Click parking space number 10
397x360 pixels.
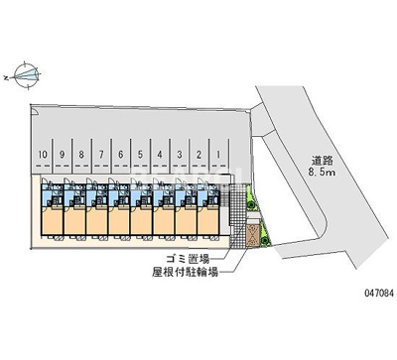(x=43, y=155)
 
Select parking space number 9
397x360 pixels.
(x=62, y=155)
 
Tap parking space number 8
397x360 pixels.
(x=80, y=155)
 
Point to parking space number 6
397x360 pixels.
(x=120, y=155)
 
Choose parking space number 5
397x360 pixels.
(x=140, y=155)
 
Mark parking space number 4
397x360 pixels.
(x=159, y=155)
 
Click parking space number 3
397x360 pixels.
(x=179, y=155)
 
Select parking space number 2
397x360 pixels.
(x=198, y=155)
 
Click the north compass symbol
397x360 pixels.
(x=28, y=73)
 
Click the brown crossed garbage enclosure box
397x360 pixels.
(x=253, y=234)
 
